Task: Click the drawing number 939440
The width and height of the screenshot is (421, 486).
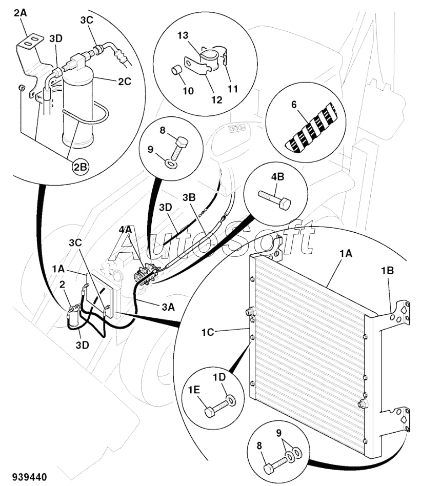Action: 30,476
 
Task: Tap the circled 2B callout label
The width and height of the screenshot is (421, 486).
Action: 80,167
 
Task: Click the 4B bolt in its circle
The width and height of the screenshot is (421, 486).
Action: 274,199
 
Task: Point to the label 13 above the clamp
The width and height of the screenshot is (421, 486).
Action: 183,35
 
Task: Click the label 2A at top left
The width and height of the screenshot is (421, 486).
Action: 21,13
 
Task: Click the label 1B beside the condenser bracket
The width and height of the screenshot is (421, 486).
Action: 388,271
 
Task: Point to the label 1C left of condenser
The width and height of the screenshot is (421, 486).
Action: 208,332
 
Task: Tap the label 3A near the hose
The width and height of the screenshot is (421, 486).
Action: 168,307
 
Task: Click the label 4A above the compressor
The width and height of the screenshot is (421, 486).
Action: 126,230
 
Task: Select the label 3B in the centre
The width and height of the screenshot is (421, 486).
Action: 189,197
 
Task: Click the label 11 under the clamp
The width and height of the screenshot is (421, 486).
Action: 233,89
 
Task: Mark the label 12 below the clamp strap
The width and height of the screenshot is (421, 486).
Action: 217,100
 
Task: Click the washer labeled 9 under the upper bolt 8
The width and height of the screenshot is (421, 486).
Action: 171,164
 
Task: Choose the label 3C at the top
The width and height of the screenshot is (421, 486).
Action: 87,20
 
